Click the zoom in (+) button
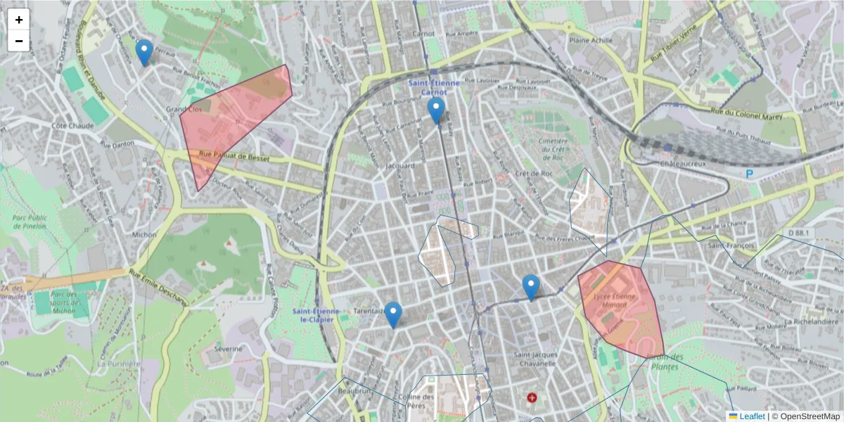19,20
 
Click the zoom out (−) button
19,41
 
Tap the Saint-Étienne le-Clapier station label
316,315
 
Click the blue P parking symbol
750,173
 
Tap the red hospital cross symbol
532,398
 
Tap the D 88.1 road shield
800,233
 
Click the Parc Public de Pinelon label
30,222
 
